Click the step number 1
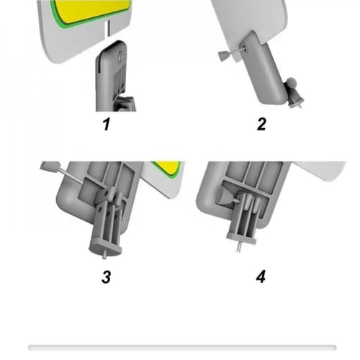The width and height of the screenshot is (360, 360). (107, 125)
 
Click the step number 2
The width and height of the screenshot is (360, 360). (261, 124)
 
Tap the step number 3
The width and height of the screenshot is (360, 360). (107, 276)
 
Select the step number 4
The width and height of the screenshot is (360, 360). (261, 276)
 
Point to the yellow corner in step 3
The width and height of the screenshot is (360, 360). (168, 167)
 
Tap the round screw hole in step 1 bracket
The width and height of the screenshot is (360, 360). (121, 57)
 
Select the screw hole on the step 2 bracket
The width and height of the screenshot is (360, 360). (244, 46)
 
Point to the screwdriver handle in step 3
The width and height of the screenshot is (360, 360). (50, 166)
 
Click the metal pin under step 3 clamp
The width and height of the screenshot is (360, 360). (104, 255)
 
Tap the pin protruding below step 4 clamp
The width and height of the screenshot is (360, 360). (238, 246)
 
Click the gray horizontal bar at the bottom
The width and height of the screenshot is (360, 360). (182, 347)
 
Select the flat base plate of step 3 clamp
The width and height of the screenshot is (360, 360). (106, 246)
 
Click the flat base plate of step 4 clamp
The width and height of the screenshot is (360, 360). (241, 238)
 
